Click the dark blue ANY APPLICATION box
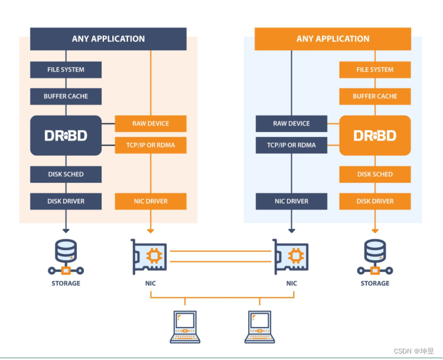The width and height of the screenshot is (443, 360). [108, 39]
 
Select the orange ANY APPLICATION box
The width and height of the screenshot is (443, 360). [333, 39]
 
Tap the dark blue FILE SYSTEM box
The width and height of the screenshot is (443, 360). [66, 70]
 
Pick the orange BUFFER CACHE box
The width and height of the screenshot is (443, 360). [375, 96]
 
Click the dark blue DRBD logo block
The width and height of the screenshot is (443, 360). [66, 136]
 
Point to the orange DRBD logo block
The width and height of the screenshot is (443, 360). [375, 136]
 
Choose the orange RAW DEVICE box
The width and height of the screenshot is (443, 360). [151, 123]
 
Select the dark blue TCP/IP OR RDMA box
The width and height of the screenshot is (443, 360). [291, 145]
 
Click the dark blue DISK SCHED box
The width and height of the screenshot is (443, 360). [66, 174]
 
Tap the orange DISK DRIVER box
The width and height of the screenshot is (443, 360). [375, 201]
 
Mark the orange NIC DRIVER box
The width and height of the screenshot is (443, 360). [151, 201]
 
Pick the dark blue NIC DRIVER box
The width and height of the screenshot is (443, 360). [291, 201]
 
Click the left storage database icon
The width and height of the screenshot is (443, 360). [66, 257]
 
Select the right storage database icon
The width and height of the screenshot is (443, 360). [375, 257]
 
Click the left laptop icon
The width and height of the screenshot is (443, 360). [185, 326]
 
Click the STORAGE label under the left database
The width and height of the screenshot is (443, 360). [66, 283]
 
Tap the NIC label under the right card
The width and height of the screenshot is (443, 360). [291, 283]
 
